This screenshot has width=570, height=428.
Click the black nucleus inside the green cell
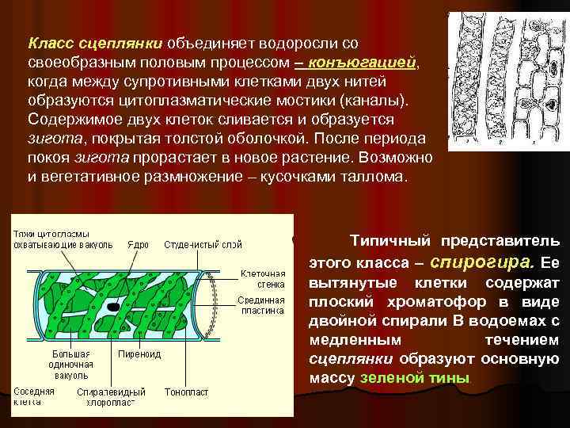click(116, 306)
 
